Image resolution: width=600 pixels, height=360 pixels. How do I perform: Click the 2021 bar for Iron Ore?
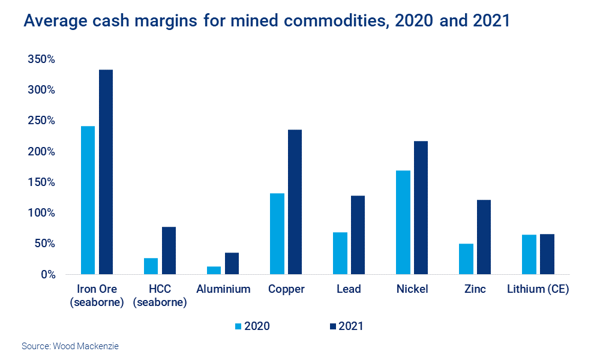pyautogui.click(x=106, y=172)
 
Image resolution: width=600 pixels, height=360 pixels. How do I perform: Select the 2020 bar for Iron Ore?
pyautogui.click(x=88, y=200)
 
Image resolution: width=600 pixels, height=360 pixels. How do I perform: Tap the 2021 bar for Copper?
pyautogui.click(x=295, y=202)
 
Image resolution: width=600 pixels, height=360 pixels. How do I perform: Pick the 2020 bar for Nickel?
pyautogui.click(x=403, y=222)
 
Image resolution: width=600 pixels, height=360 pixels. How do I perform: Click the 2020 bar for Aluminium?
pyautogui.click(x=214, y=270)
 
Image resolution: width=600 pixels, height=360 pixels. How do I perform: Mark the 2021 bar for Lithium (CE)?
pyautogui.click(x=547, y=254)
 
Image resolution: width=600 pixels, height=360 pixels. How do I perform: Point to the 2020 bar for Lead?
pyautogui.click(x=340, y=253)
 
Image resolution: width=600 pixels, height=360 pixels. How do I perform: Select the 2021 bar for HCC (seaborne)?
pyautogui.click(x=169, y=250)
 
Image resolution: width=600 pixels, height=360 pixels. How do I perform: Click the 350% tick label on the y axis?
pyautogui.click(x=41, y=59)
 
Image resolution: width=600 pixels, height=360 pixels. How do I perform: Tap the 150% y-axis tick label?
pyautogui.click(x=41, y=182)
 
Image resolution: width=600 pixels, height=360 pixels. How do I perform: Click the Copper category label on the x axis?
pyautogui.click(x=286, y=289)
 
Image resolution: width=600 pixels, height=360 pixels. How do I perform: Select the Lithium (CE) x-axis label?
pyautogui.click(x=538, y=289)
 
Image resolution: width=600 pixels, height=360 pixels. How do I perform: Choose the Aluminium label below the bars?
pyautogui.click(x=223, y=289)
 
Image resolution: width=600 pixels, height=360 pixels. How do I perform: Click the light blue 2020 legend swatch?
pyautogui.click(x=238, y=326)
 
